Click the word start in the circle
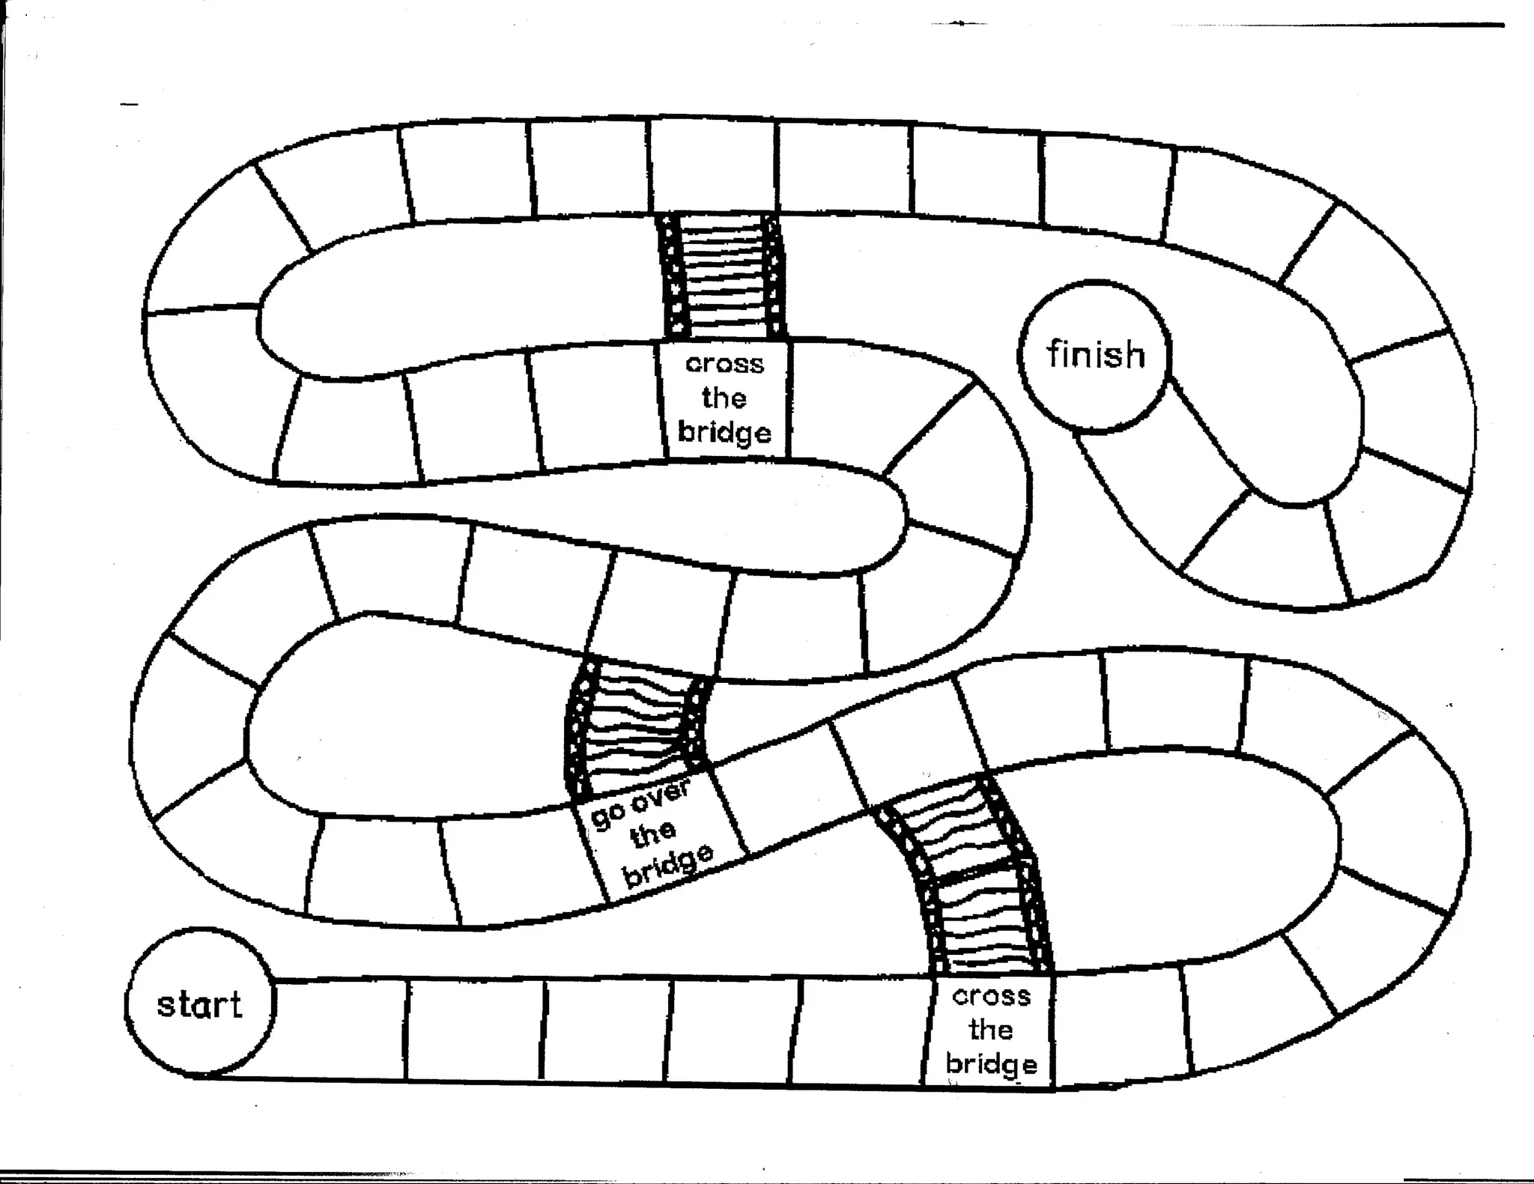(x=199, y=1004)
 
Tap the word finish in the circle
(x=1096, y=354)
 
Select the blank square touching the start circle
(x=341, y=1030)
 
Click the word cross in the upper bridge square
(x=724, y=364)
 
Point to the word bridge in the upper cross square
(x=724, y=433)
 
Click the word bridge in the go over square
(x=669, y=865)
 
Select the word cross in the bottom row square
(x=991, y=996)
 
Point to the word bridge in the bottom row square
(x=991, y=1064)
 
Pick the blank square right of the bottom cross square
(x=1120, y=1026)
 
